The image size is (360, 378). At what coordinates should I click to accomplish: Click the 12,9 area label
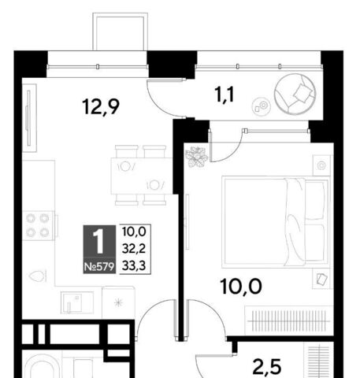[x=101, y=106]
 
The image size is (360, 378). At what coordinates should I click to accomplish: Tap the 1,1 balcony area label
[x=225, y=94]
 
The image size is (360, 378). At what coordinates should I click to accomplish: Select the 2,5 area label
[x=267, y=367]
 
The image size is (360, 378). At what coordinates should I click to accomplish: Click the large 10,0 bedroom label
[x=241, y=287]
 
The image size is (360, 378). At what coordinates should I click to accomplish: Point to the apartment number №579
[x=99, y=267]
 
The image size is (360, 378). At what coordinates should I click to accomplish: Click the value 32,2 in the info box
[x=134, y=248]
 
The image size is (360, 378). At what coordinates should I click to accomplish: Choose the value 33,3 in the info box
[x=134, y=266]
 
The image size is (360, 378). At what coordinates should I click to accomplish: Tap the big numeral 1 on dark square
[x=99, y=241]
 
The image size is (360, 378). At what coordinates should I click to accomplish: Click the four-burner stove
[x=39, y=225]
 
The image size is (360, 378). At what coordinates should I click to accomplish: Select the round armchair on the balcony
[x=295, y=94]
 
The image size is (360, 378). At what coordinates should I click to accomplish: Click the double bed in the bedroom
[x=276, y=222]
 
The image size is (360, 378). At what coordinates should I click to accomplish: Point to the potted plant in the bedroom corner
[x=196, y=157]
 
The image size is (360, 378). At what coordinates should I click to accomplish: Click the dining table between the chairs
[x=142, y=176]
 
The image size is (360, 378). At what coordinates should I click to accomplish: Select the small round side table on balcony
[x=261, y=106]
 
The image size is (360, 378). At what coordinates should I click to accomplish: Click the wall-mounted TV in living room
[x=28, y=117]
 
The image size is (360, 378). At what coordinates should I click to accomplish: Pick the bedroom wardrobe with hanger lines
[x=289, y=321]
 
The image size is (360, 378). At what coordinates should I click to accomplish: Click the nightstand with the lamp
[x=321, y=165]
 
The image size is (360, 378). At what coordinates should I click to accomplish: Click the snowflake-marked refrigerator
[x=118, y=302]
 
